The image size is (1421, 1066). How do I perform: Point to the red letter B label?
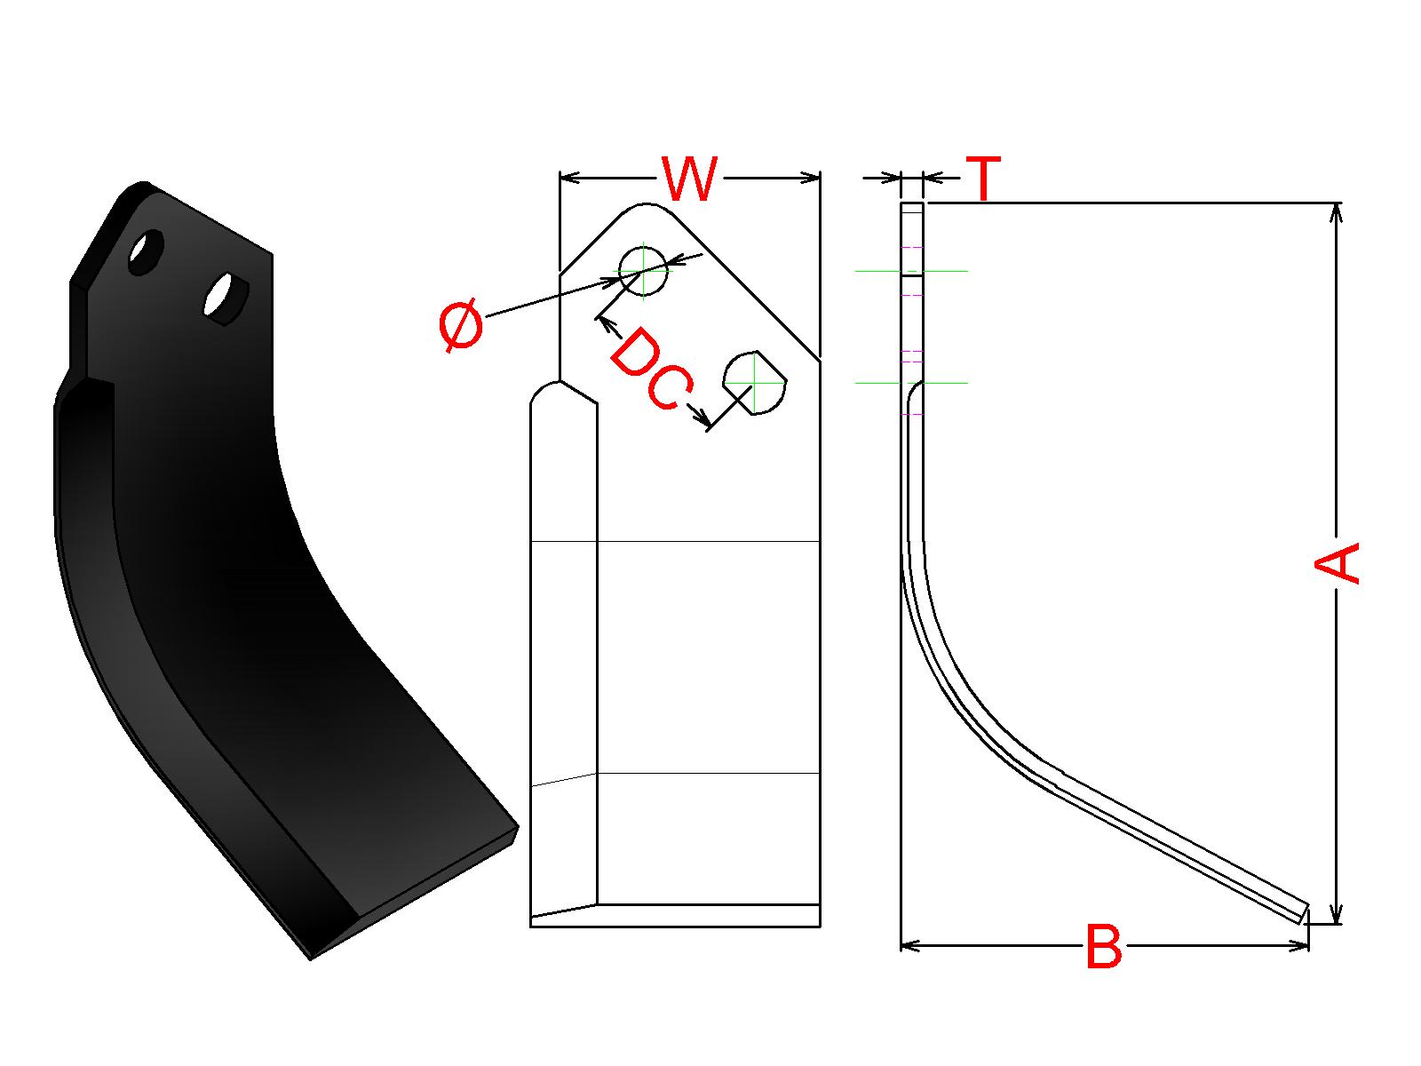click(x=1104, y=947)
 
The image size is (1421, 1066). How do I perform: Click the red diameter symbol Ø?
click(x=461, y=326)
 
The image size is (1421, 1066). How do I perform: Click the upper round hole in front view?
click(x=642, y=270)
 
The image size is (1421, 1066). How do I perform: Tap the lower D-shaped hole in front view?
click(x=755, y=382)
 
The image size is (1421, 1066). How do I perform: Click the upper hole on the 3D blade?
click(x=146, y=252)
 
